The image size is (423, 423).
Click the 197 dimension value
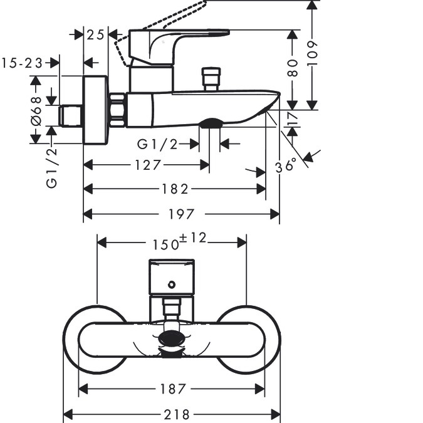coord(181,214)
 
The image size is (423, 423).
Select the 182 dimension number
coord(175,189)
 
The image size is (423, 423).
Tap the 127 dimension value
coord(148,165)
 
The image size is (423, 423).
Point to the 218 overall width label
coord(177,415)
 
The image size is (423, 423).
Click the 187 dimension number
coord(173,389)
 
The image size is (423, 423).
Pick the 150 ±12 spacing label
coord(180,241)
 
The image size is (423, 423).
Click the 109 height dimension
coord(312,53)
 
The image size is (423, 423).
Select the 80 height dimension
coord(293,68)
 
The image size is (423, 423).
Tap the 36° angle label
coord(286,165)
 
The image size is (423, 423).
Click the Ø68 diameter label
coord(36,111)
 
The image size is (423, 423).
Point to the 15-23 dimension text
coord(22,63)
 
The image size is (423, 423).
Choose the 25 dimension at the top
coord(95,35)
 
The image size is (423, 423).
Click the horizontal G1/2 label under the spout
coord(157,144)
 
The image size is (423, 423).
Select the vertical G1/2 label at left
coord(51,167)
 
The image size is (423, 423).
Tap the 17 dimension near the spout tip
coord(293,118)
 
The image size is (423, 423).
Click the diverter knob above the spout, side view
coord(211,79)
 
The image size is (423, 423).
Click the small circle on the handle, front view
coord(172,285)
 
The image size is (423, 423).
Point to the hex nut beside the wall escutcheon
coord(117,110)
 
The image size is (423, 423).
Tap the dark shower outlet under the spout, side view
coord(211,122)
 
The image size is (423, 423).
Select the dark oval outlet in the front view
coord(172,339)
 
